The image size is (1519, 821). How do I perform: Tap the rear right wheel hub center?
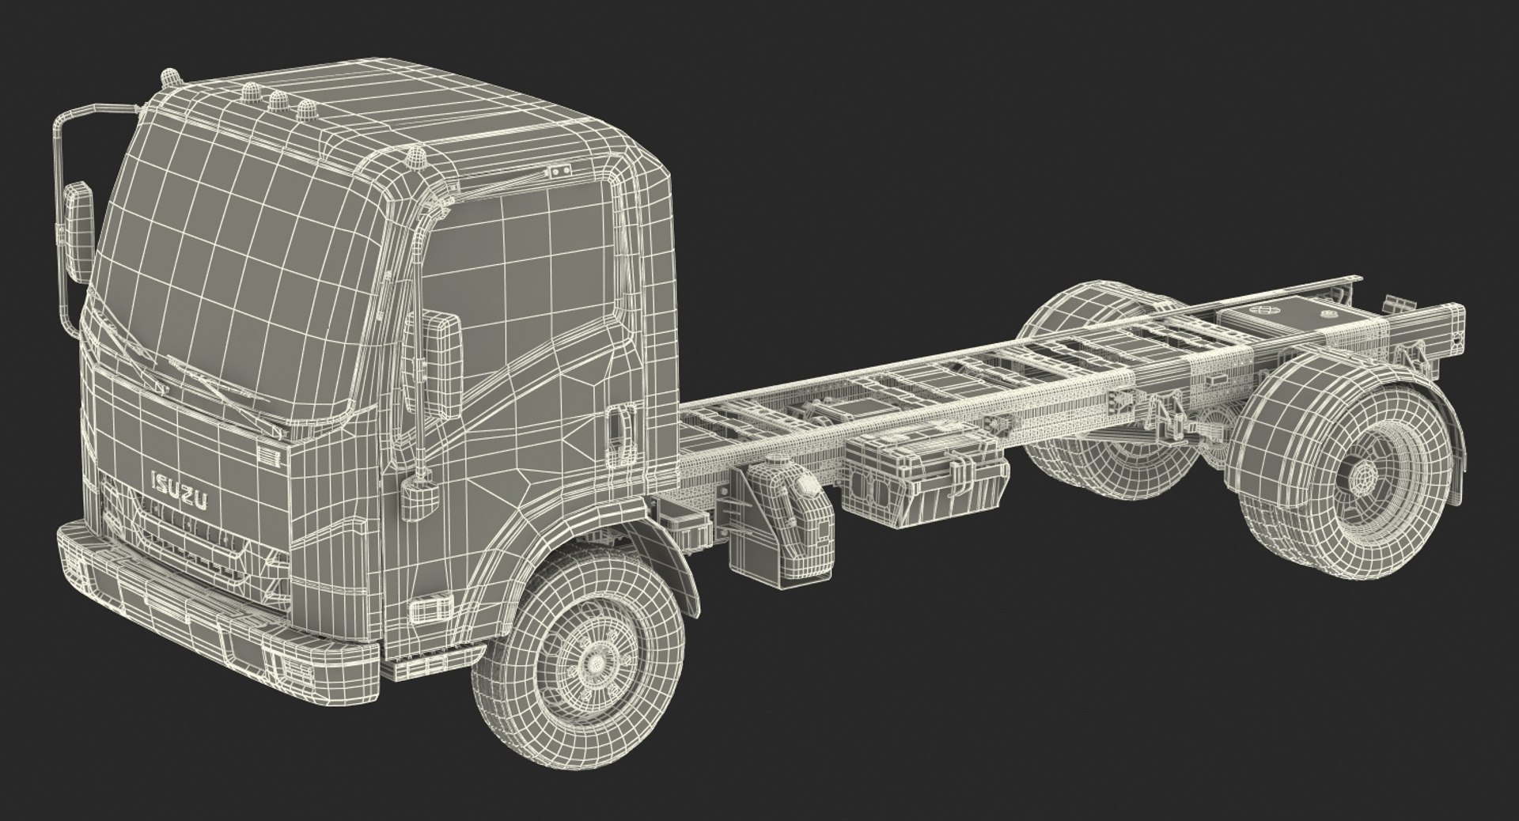pyautogui.click(x=1362, y=477)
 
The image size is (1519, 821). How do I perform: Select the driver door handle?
pyautogui.click(x=619, y=429)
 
